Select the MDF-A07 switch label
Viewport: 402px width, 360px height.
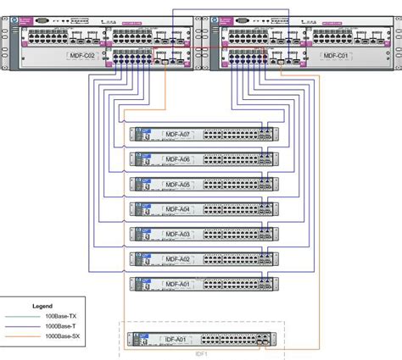tap(177, 134)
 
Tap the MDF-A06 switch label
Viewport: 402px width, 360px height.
tap(177, 158)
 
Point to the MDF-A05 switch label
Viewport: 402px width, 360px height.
tap(177, 183)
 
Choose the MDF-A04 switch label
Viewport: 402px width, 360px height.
tap(177, 208)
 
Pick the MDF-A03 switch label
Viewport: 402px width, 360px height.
tap(177, 233)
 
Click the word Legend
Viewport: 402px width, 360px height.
tap(42, 306)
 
